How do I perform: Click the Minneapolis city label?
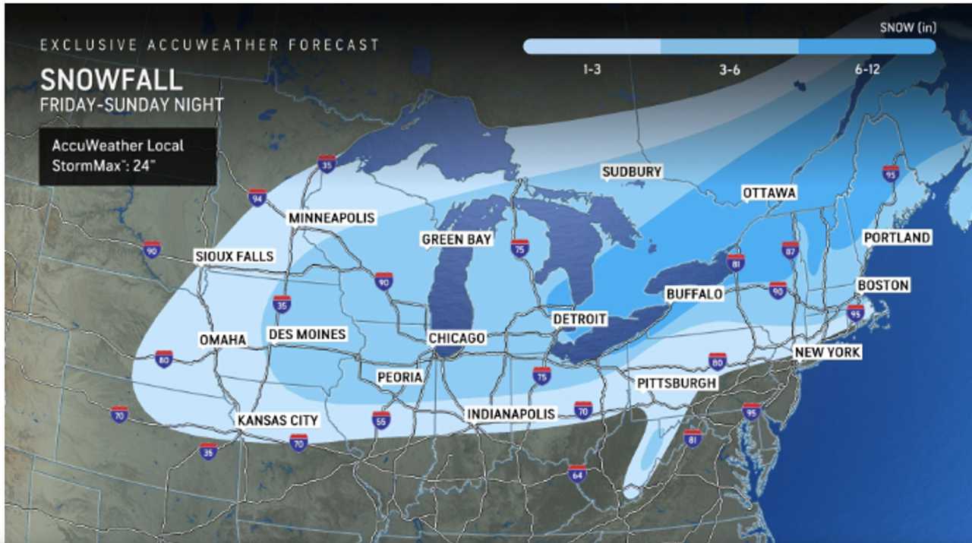(332, 218)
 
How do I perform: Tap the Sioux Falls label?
(233, 256)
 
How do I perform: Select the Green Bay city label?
(457, 239)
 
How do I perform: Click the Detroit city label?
(579, 319)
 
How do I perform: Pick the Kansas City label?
(277, 420)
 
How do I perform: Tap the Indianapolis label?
(511, 414)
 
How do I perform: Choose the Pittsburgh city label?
(677, 383)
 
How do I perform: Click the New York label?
(828, 352)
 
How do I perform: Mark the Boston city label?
(883, 286)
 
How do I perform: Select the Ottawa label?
(769, 193)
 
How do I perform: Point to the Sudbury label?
(632, 172)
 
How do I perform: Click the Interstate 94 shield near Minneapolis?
(257, 198)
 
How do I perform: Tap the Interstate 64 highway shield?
(577, 473)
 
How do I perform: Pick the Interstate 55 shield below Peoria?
(381, 419)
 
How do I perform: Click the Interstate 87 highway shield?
(791, 249)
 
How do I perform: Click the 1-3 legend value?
(593, 70)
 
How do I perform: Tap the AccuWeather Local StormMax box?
(128, 156)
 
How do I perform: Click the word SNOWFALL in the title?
(111, 80)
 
